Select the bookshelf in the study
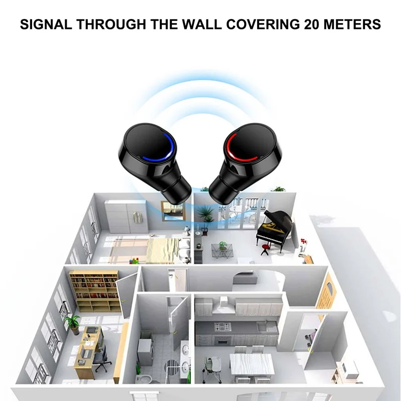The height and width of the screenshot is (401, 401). pyautogui.click(x=95, y=291)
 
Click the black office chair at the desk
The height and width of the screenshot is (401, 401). pyautogui.click(x=102, y=360)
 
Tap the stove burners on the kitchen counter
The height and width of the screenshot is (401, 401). pyautogui.click(x=222, y=327)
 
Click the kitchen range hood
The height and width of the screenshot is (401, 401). pyautogui.click(x=222, y=304)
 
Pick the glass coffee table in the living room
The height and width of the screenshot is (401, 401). pyautogui.click(x=222, y=251)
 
